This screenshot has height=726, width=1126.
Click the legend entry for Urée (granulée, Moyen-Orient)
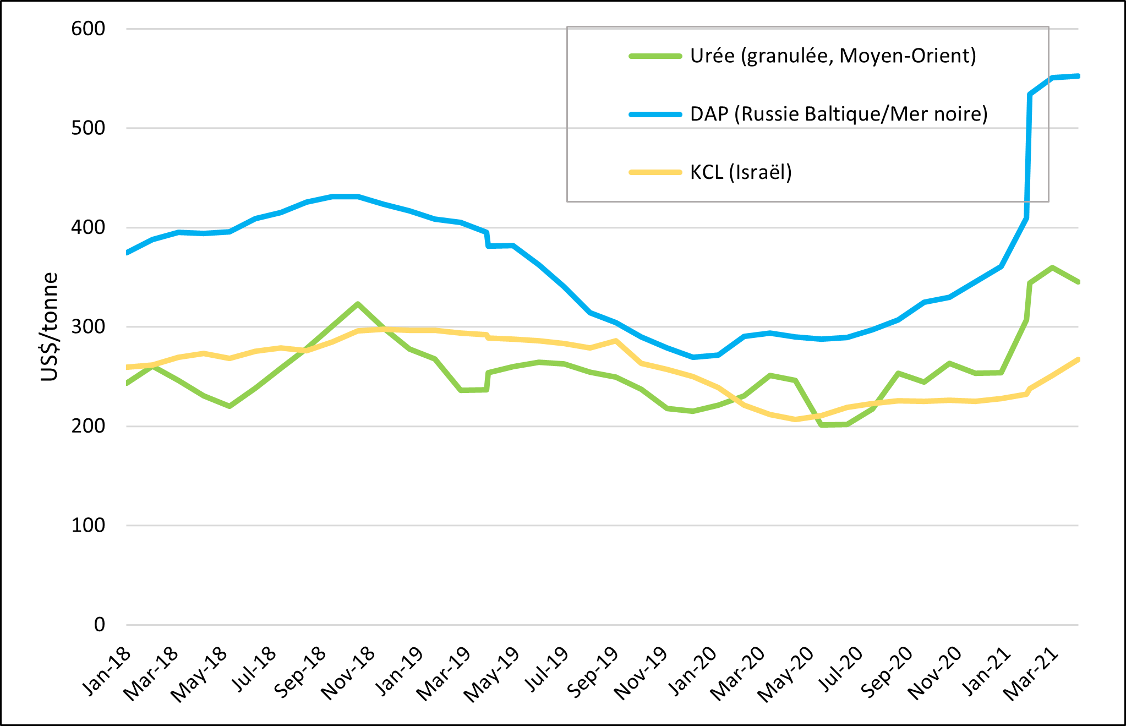point(833,56)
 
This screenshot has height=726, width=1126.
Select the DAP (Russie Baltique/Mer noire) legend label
point(838,114)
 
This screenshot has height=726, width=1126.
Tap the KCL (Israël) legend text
point(741,172)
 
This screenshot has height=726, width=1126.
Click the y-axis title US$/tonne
point(50,327)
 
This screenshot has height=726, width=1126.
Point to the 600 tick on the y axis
point(88,29)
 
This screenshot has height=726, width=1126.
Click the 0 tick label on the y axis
point(100,625)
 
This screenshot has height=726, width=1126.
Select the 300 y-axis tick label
point(88,326)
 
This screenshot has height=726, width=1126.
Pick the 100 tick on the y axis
point(88,525)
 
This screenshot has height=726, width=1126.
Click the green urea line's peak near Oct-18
point(358,304)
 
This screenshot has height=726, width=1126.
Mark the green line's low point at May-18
point(229,406)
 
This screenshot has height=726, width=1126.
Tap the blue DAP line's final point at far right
point(1078,76)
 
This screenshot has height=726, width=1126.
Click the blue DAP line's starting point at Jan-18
point(128,253)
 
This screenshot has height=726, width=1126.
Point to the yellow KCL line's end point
point(1078,359)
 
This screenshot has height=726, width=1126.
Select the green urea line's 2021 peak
point(1052,268)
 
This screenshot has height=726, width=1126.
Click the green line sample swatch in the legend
point(655,56)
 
